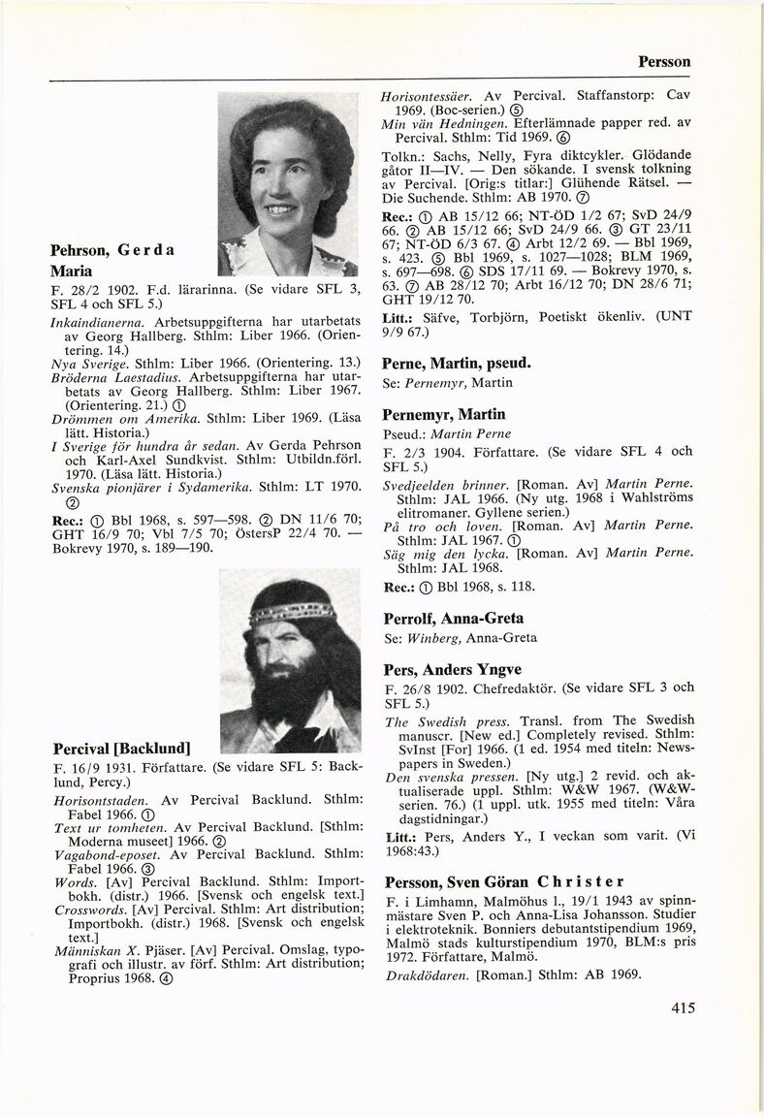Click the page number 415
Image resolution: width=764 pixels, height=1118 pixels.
point(683,1007)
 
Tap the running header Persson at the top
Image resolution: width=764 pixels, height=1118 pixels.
point(663,61)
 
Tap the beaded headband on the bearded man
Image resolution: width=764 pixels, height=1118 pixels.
point(292,612)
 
